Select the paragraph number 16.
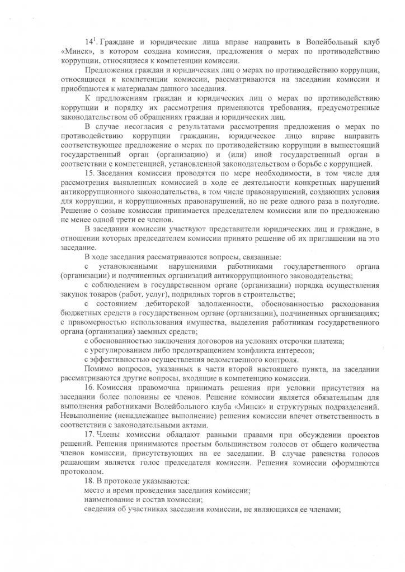tap(88, 387)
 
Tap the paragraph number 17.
tap(88, 434)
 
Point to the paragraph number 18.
tap(88, 481)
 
